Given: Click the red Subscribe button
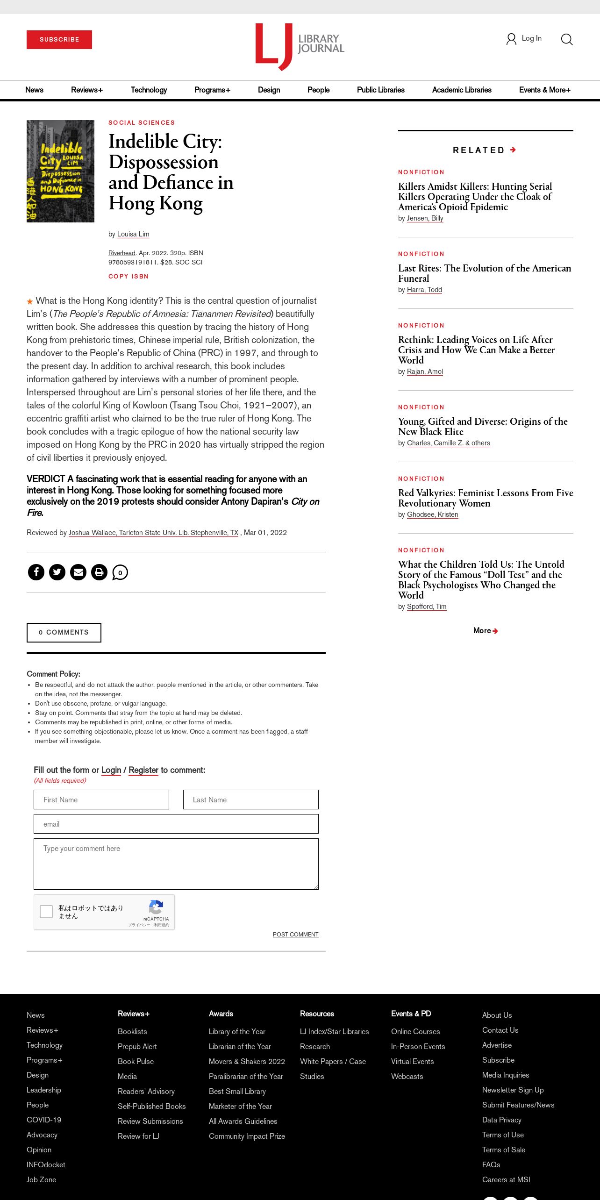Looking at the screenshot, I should pyautogui.click(x=59, y=40).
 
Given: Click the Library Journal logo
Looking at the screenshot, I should pyautogui.click(x=300, y=47).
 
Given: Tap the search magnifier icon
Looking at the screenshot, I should pyautogui.click(x=566, y=39).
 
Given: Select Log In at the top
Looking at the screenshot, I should pyautogui.click(x=524, y=39).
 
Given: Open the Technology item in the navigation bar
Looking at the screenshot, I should pyautogui.click(x=149, y=90).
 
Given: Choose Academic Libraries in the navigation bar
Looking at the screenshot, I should pyautogui.click(x=462, y=90).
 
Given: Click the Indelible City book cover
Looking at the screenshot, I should pyautogui.click(x=60, y=171).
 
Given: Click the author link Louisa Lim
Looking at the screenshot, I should pyautogui.click(x=133, y=234).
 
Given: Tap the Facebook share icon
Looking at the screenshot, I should pyautogui.click(x=36, y=572).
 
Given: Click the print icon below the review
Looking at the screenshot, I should pyautogui.click(x=99, y=572).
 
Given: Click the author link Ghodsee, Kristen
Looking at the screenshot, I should pyautogui.click(x=432, y=514).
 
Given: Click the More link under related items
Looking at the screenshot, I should pyautogui.click(x=485, y=630).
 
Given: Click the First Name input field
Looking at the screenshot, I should pyautogui.click(x=101, y=800).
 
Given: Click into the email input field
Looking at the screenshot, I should pyautogui.click(x=176, y=824).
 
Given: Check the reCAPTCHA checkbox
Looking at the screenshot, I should pyautogui.click(x=46, y=912).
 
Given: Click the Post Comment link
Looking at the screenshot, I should pyautogui.click(x=295, y=934).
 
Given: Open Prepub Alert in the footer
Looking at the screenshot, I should pyautogui.click(x=137, y=1046).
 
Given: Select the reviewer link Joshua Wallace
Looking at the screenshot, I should pyautogui.click(x=153, y=533).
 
